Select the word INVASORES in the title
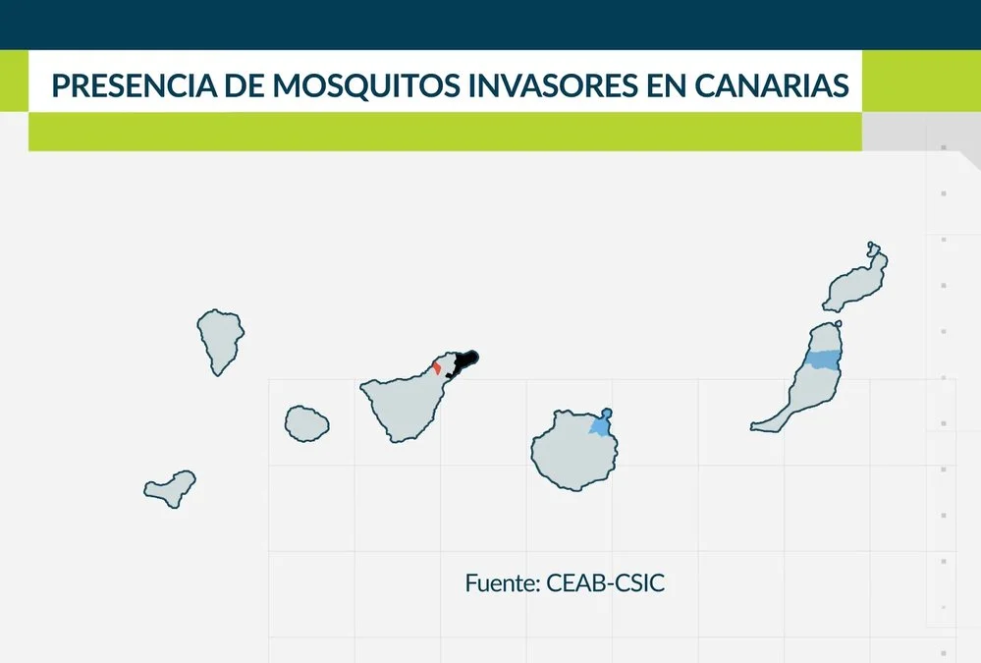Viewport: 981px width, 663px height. [553, 85]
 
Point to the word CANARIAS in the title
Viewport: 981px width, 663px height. [772, 85]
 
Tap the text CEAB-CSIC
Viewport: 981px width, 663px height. [605, 582]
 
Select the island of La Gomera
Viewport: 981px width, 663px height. [306, 424]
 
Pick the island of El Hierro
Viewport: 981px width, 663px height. [170, 488]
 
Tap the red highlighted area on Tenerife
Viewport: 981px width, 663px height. [437, 367]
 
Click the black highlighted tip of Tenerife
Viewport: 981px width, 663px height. [463, 363]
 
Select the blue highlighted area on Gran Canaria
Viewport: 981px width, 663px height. [601, 424]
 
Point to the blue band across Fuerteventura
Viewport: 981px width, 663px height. [822, 359]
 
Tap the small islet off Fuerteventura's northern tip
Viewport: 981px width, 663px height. [839, 324]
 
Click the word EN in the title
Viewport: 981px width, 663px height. [666, 85]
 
